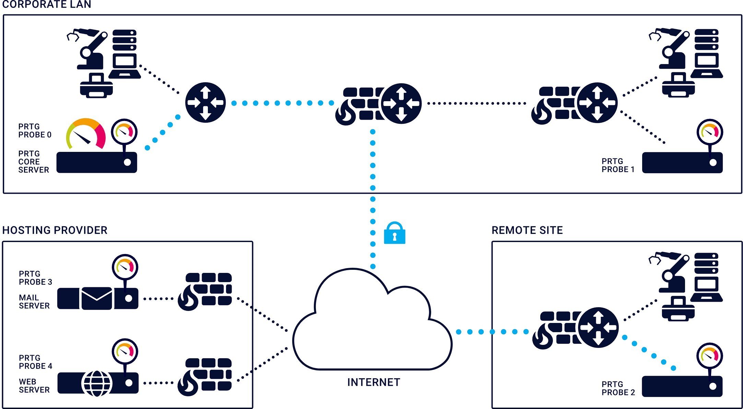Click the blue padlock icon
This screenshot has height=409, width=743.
coord(394,233)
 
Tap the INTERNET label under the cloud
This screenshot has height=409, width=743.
coord(374,382)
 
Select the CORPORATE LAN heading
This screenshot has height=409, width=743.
coord(47,4)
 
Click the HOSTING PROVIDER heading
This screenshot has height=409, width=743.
coord(55,230)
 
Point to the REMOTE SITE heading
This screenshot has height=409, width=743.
coord(527,230)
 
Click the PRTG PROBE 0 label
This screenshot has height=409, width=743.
coord(35,131)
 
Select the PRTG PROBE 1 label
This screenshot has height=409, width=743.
coord(618,165)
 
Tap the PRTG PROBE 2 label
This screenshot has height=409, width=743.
coord(618,388)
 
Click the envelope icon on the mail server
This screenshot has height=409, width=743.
coord(97,298)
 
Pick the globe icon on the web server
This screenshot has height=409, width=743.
coord(97,383)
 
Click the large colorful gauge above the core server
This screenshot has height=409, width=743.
coord(86,134)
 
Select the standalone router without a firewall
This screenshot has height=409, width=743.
coord(205,102)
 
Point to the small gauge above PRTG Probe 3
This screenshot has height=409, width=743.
coord(125,267)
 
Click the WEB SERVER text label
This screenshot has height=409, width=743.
coord(34,386)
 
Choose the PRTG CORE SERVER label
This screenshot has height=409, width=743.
coord(33,162)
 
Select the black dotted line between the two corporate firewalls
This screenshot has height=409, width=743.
coord(477,103)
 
